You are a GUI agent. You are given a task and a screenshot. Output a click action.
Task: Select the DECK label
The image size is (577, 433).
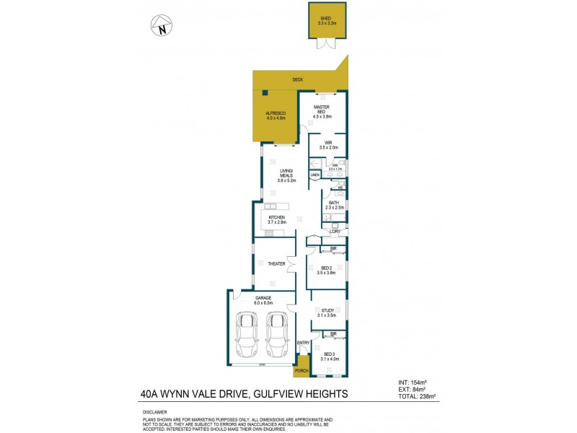pos(296,79)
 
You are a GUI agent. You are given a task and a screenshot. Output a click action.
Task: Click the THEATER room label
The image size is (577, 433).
pos(276,264)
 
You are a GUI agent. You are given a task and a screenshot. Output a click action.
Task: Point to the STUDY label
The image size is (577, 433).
pos(327,312)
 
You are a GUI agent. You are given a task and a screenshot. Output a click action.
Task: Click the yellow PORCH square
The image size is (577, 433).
pos(300,367)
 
